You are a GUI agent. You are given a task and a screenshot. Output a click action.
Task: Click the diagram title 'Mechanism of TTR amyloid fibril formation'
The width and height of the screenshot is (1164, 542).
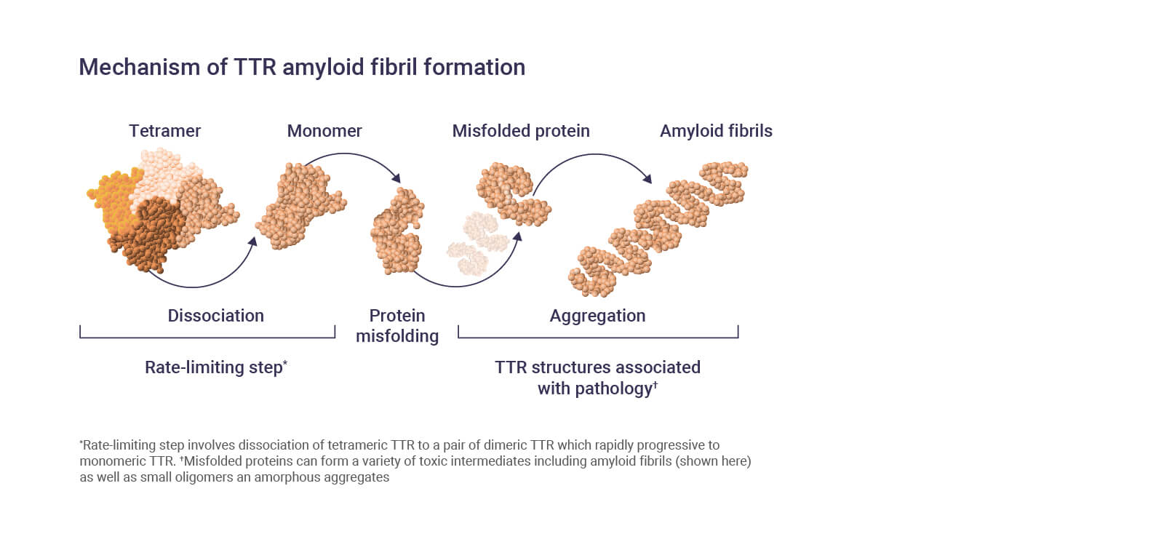coord(301,67)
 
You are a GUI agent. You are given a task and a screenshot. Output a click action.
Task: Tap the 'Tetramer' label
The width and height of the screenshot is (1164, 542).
coord(164,131)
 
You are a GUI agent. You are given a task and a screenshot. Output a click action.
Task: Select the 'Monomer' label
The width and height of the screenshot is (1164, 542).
coord(324,131)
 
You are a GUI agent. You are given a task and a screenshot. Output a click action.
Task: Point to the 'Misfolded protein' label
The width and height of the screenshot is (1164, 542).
coord(520,131)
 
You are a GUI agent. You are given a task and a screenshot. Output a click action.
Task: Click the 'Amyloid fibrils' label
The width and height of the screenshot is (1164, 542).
coord(716,131)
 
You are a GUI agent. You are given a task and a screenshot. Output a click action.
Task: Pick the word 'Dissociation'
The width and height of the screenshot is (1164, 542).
coord(215,316)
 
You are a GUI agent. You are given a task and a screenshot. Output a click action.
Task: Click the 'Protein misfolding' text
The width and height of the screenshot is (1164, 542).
coord(397,326)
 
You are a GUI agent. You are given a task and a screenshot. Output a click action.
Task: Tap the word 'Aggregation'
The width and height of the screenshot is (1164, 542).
coord(597,316)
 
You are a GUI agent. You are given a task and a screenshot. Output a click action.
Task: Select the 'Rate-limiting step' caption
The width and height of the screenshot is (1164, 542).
coord(215,367)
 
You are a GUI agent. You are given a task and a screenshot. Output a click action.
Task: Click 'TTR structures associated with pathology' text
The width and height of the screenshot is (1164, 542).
coord(597,378)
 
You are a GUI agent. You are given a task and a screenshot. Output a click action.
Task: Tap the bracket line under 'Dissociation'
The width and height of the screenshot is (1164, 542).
coord(207,338)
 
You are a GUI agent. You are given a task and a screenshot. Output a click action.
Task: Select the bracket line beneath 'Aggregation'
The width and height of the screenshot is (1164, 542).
coord(598,338)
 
